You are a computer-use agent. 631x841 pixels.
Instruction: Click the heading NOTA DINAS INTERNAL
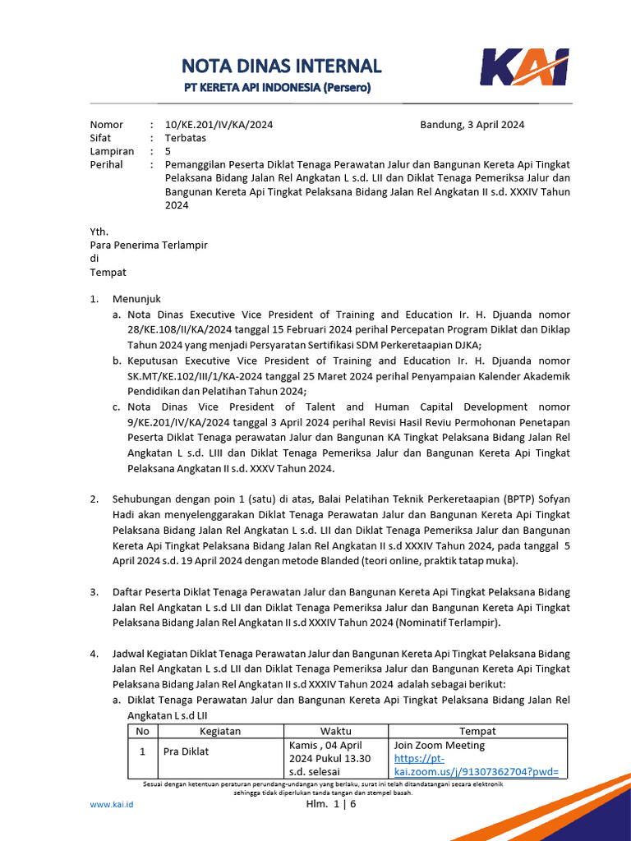281,66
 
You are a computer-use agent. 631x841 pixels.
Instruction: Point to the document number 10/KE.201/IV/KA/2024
219,125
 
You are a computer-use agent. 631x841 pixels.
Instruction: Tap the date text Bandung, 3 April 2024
472,125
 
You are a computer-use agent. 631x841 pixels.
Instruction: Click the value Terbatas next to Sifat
186,138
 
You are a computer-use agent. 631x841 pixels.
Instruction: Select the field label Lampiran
112,151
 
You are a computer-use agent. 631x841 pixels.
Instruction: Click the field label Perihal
107,164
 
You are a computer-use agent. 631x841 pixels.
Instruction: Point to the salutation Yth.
99,232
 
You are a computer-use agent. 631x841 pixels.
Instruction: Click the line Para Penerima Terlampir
149,245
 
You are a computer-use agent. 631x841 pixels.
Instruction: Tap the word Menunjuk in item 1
137,299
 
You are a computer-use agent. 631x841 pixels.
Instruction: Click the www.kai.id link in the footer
111,804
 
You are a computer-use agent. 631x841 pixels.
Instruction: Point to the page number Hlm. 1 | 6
331,804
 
